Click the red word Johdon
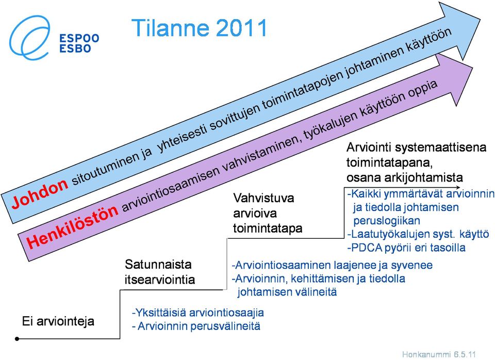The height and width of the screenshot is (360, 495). coord(40,192)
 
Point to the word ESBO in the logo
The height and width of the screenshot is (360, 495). coord(75,48)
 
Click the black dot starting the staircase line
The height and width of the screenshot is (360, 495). coord(17,339)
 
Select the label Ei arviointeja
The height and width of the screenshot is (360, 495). coord(58,321)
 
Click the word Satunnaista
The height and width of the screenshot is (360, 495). coord(158,264)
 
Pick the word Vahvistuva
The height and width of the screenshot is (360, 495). coord(263,199)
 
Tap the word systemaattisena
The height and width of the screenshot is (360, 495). coord(441,148)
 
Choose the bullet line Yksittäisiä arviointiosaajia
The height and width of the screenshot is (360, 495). coord(198,313)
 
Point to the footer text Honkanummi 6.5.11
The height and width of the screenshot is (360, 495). coord(439,354)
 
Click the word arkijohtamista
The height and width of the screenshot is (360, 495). coord(424,177)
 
